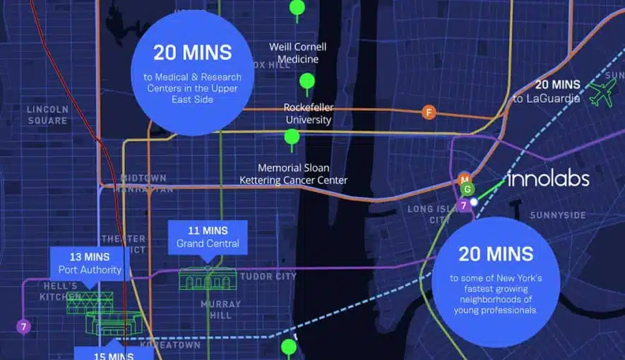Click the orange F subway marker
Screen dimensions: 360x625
(x=428, y=112)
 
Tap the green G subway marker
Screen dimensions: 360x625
(x=466, y=189)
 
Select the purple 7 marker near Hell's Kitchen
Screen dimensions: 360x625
(x=23, y=327)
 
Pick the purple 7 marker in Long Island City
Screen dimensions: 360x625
(x=463, y=205)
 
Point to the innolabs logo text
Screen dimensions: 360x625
(x=548, y=179)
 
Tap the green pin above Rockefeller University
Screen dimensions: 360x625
(x=306, y=82)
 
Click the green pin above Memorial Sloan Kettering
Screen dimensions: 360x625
(x=292, y=136)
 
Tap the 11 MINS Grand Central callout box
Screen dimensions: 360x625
(x=208, y=237)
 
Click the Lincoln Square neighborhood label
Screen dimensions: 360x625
(x=47, y=114)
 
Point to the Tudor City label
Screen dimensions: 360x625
(x=268, y=276)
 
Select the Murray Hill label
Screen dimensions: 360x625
(x=221, y=310)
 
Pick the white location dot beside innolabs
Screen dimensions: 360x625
(x=475, y=202)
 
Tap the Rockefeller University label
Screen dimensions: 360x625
(x=309, y=113)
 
